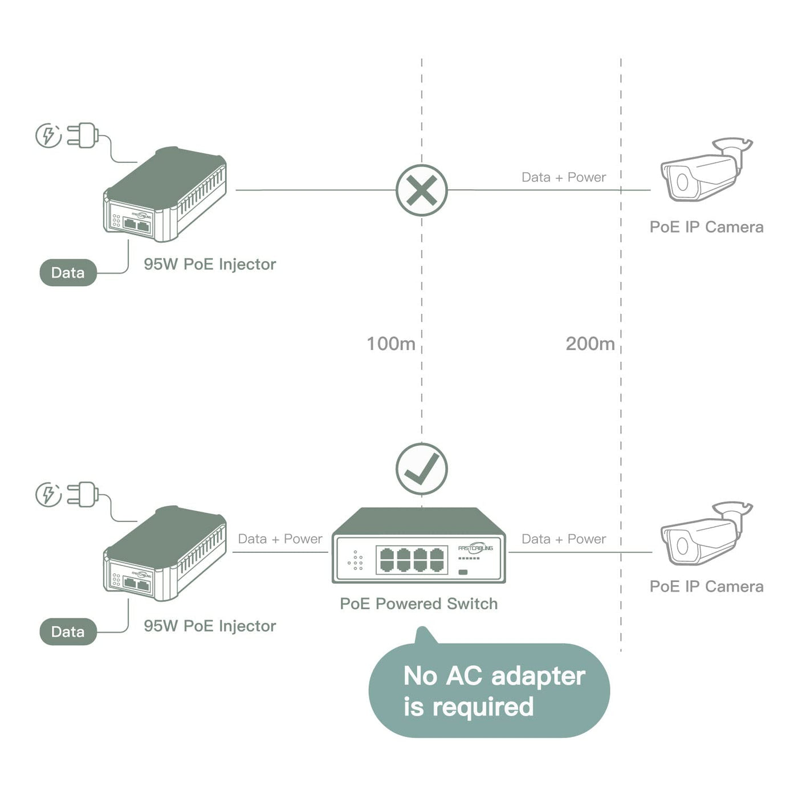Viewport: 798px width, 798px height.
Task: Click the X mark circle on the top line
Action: point(422,190)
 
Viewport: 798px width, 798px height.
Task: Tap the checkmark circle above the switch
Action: point(422,469)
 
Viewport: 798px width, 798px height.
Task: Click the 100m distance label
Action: point(391,344)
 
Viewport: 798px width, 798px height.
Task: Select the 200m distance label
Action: point(590,344)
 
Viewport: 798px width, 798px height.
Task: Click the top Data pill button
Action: point(68,272)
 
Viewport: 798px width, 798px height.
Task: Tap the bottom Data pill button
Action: point(68,632)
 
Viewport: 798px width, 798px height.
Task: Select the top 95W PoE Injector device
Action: point(165,194)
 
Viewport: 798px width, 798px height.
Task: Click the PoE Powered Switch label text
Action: point(418,604)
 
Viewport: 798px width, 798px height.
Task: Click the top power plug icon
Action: point(83,136)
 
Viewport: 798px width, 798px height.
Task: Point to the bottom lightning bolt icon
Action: point(48,494)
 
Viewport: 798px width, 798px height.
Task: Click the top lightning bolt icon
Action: point(48,136)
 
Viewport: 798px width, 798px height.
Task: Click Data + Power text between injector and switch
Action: point(280,539)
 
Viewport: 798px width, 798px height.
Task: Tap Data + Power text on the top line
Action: point(564,177)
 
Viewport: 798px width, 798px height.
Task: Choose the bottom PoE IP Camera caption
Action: point(706,587)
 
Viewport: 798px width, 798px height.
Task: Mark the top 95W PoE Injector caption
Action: point(210,264)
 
